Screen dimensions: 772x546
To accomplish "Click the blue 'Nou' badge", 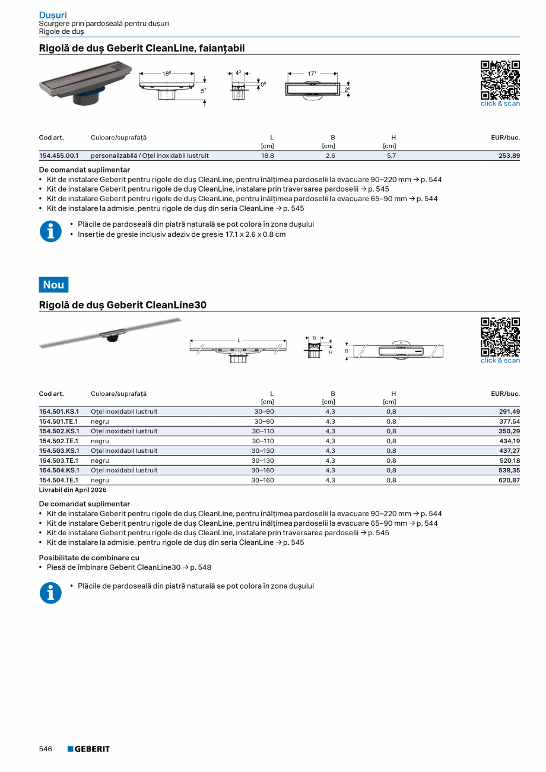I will (x=53, y=285).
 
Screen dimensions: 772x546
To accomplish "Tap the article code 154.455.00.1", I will (x=59, y=156).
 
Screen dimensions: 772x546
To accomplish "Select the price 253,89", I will (x=508, y=156).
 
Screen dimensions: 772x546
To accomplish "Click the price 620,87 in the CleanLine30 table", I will (x=508, y=480).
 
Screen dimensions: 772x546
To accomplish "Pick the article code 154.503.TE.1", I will (x=59, y=460).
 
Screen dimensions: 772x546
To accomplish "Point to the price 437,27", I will (x=508, y=451).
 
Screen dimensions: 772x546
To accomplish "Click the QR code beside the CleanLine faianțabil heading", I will (x=500, y=80).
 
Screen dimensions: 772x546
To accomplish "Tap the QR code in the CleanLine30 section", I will (x=500, y=336).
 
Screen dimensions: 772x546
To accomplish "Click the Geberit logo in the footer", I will (x=88, y=749).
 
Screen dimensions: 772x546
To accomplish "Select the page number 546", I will (x=46, y=749).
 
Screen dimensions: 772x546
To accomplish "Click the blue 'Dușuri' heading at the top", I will (x=53, y=15).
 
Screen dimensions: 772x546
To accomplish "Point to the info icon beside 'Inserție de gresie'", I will (x=50, y=231).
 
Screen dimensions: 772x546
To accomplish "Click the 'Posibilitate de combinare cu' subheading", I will (x=89, y=558).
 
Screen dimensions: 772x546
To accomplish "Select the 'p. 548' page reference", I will (x=201, y=567).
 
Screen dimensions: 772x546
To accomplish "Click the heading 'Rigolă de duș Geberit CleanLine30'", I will (x=123, y=305).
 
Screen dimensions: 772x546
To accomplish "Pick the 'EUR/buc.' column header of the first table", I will (x=505, y=138).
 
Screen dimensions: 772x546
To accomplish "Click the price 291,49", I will (x=508, y=412).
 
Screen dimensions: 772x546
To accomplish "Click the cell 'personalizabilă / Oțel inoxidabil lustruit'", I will (x=150, y=156).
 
